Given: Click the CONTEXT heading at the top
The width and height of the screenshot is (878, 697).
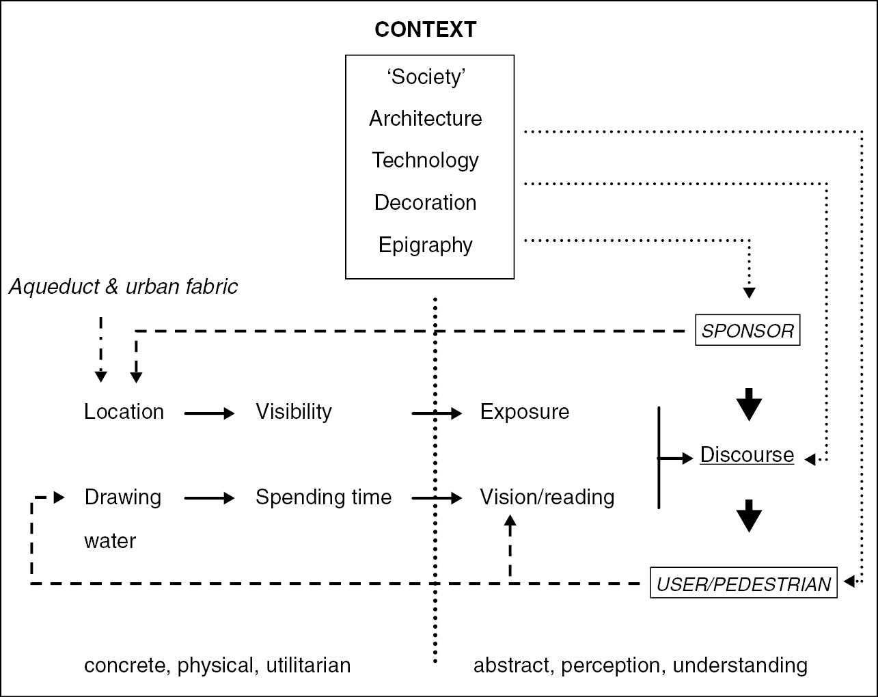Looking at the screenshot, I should (425, 29).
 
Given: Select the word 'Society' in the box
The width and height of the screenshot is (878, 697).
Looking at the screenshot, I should (426, 77).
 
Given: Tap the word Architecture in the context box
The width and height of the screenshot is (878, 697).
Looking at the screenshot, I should (426, 118).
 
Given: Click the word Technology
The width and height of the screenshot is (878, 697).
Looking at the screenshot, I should (426, 160).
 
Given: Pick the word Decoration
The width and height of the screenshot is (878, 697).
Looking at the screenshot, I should (426, 202).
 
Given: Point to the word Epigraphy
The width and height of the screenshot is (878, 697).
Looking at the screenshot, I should (426, 245).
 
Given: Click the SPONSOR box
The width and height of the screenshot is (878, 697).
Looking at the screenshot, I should (747, 331).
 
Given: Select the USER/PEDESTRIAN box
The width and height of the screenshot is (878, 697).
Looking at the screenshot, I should (743, 584).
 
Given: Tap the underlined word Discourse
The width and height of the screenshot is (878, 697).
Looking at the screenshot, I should (747, 454).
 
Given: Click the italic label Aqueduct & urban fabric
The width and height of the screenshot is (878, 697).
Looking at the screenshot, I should (123, 286).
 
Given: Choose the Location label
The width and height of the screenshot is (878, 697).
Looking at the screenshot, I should (124, 411).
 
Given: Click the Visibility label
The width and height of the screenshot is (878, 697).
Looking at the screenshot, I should (294, 411).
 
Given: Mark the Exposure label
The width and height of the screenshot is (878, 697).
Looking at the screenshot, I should (525, 411).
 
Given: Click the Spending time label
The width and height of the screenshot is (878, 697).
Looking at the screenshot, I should (323, 497).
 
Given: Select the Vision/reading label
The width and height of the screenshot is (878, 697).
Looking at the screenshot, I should (547, 497).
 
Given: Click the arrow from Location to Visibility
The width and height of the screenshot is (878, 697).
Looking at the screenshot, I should (209, 413).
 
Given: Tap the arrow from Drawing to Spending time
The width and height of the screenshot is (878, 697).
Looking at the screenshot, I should (209, 499).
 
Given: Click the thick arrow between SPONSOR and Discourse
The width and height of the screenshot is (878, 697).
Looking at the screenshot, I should (750, 405).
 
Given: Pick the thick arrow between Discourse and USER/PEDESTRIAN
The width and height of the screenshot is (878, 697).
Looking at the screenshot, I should (750, 516).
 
